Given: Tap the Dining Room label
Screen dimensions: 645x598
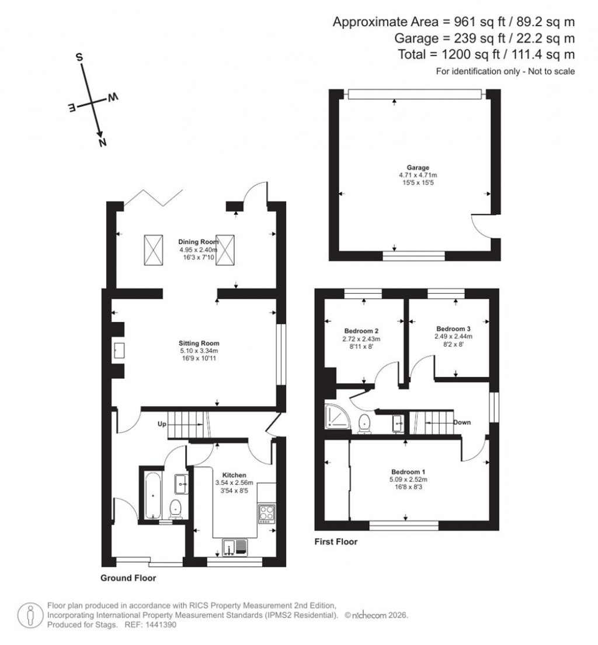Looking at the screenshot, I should tap(198, 241).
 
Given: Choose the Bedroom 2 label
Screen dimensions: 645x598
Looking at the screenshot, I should tap(361, 330).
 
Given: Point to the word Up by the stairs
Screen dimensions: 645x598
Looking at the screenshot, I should tap(163, 424).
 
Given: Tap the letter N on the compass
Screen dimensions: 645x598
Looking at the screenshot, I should tap(103, 143).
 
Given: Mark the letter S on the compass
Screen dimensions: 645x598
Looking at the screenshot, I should tap(79, 57).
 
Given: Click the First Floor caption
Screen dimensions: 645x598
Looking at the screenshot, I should tap(336, 542).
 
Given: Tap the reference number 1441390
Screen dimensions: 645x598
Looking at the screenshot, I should tap(160, 625).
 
